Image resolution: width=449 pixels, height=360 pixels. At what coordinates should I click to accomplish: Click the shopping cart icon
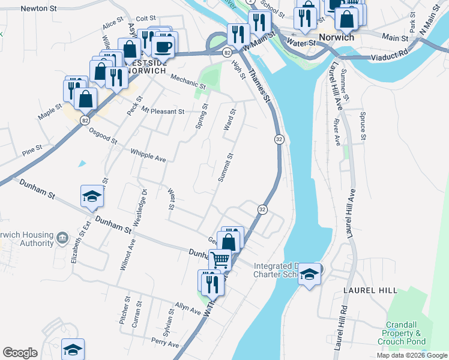pyautogui.click(x=220, y=260)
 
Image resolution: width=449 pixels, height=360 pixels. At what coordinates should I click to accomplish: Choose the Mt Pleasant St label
pyautogui.click(x=163, y=112)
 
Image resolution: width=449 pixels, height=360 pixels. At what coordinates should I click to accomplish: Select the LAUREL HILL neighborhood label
pyautogui.click(x=370, y=290)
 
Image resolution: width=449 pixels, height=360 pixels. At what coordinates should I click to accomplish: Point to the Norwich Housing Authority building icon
pyautogui.click(x=62, y=239)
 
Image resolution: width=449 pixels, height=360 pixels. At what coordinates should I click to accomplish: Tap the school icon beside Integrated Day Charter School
pyautogui.click(x=309, y=274)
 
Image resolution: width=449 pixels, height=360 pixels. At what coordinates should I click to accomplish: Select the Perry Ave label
pyautogui.click(x=165, y=344)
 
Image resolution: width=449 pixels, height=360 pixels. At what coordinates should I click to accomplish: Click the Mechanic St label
pyautogui.click(x=188, y=82)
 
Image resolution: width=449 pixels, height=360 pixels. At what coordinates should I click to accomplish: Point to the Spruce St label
pyautogui.click(x=363, y=126)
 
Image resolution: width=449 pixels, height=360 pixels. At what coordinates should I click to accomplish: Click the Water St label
pyautogui.click(x=301, y=43)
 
